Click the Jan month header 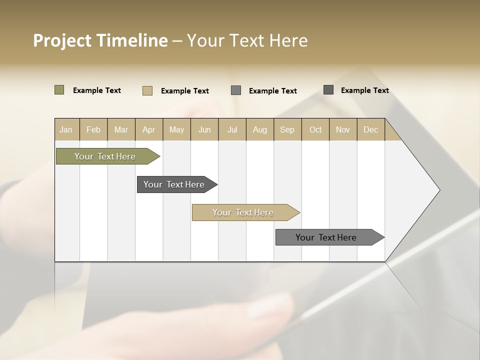tap(66, 129)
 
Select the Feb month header tap(93, 129)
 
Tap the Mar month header tap(121, 129)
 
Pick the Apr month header tap(149, 129)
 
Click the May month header tap(176, 129)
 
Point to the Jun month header tap(204, 129)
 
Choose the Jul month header tap(232, 129)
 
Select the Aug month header tap(260, 129)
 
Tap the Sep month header tap(287, 129)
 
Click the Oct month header tap(315, 129)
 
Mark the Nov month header tap(343, 129)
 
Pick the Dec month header tap(371, 129)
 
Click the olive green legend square tap(59, 90)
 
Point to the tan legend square tap(147, 90)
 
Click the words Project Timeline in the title tap(100, 40)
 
